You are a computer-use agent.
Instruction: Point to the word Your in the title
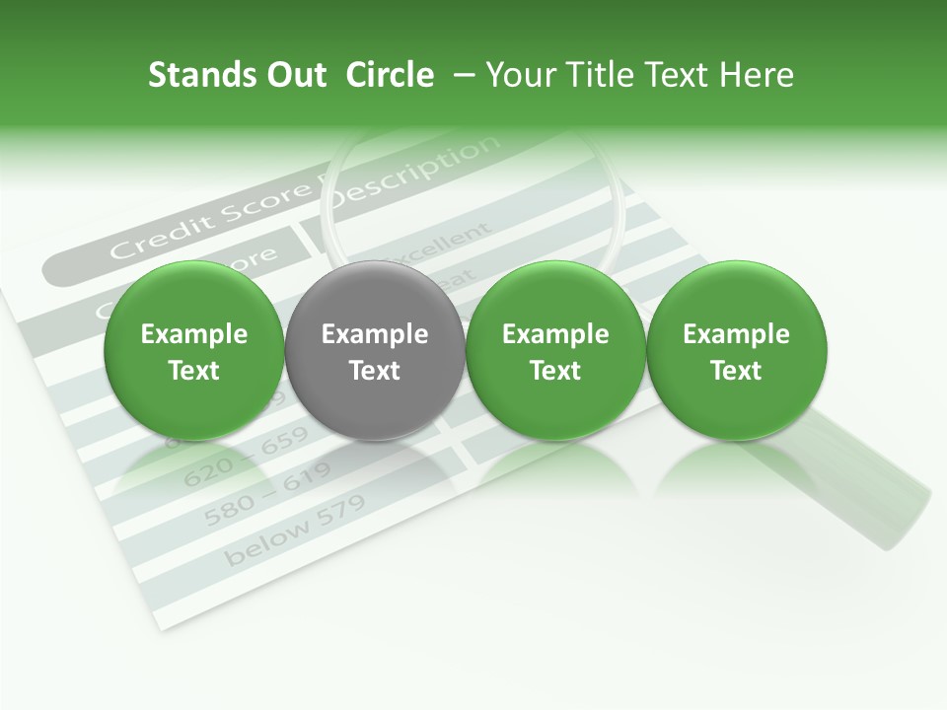(518, 75)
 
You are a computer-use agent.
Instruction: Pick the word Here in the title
(758, 75)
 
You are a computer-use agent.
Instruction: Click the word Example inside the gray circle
(375, 334)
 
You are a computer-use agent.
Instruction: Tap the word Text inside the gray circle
(375, 371)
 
